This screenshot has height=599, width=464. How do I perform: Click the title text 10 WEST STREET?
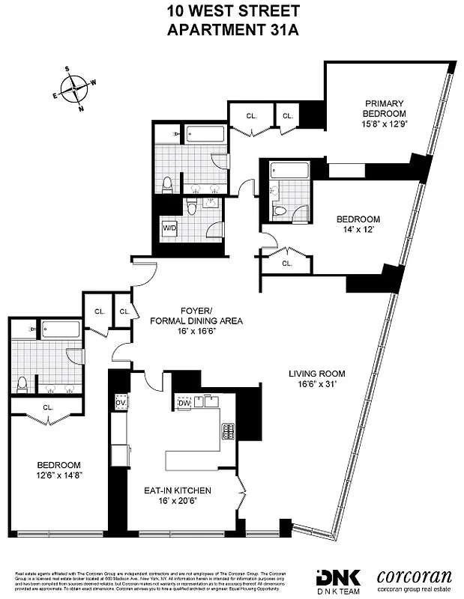tap(232, 11)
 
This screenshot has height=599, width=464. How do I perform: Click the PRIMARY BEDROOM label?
tap(385, 109)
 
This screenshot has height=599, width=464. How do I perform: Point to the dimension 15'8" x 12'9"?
tap(385, 124)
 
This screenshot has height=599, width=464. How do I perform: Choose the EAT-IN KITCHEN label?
tap(178, 490)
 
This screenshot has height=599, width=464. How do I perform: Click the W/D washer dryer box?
tap(169, 228)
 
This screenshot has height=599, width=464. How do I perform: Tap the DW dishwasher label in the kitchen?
tap(184, 402)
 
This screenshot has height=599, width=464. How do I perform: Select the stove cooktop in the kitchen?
tap(227, 431)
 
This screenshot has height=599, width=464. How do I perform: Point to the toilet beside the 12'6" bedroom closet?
tap(22, 384)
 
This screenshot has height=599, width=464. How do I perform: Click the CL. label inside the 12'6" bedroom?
tap(48, 408)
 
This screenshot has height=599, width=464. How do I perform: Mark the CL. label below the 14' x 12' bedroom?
tap(287, 264)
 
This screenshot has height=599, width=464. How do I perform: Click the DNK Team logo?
tap(340, 580)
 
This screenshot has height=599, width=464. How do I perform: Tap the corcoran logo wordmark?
tap(414, 578)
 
